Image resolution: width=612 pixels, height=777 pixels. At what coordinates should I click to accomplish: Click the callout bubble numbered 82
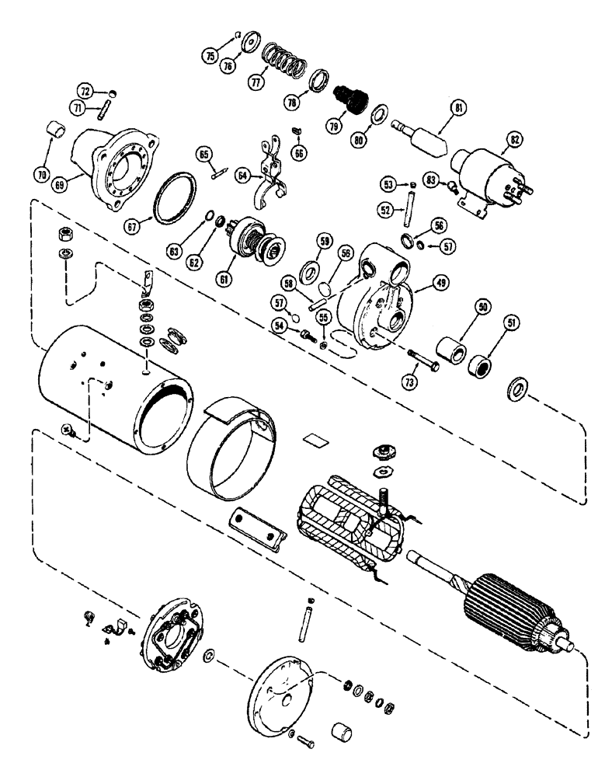[x=513, y=141]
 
